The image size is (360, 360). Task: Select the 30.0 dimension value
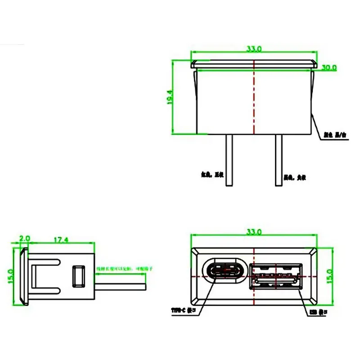pyautogui.click(x=329, y=67)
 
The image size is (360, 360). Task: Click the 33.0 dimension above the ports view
pyautogui.click(x=253, y=232)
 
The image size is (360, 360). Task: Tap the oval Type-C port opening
pyautogui.click(x=226, y=272)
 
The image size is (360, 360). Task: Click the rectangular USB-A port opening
pyautogui.click(x=275, y=275)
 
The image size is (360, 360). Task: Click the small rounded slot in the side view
pyautogui.click(x=79, y=275)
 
